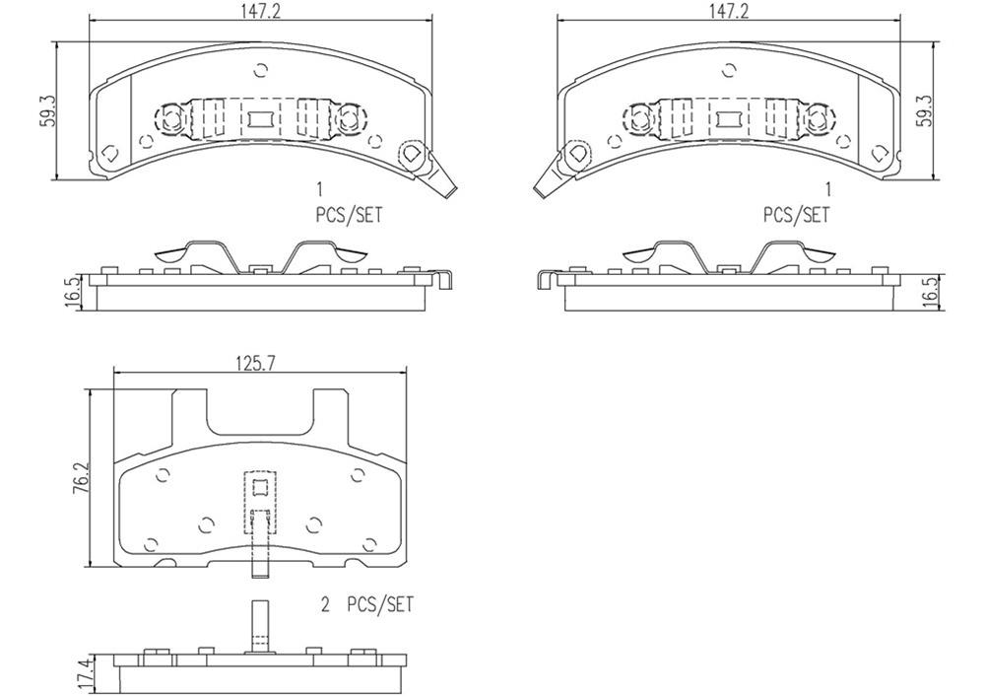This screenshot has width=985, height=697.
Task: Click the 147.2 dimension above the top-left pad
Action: [x=260, y=11]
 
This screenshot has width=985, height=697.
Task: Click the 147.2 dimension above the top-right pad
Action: [x=728, y=11]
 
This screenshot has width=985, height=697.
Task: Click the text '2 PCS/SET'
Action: [x=366, y=605]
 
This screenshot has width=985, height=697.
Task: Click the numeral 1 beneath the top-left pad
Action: [x=319, y=188]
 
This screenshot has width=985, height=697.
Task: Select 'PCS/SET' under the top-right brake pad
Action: [x=796, y=214]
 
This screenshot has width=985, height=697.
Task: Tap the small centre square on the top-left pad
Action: [x=260, y=120]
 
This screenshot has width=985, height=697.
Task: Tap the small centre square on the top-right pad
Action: [x=728, y=120]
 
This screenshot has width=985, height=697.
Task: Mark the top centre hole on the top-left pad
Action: [x=260, y=70]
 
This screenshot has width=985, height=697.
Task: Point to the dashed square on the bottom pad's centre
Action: [x=260, y=486]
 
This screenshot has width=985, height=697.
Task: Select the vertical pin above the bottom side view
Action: [x=260, y=625]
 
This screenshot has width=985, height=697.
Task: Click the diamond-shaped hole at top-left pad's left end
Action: [x=109, y=153]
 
